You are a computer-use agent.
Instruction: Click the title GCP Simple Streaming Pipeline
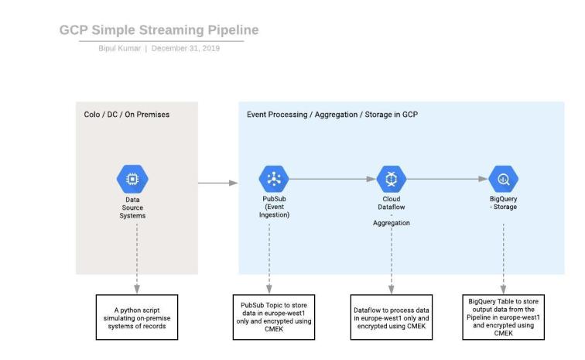click(x=159, y=30)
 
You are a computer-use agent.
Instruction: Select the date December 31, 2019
click(x=186, y=48)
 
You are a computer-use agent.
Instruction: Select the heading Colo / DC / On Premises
click(x=126, y=115)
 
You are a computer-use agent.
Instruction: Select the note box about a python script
click(x=137, y=316)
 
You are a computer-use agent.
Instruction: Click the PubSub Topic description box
click(x=272, y=316)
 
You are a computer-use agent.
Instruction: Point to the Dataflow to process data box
click(x=391, y=316)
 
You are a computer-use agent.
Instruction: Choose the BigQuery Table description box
click(x=504, y=316)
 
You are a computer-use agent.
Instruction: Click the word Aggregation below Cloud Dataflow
click(x=391, y=222)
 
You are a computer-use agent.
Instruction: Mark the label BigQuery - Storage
click(x=504, y=203)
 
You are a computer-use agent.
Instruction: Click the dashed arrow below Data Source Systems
click(x=136, y=255)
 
